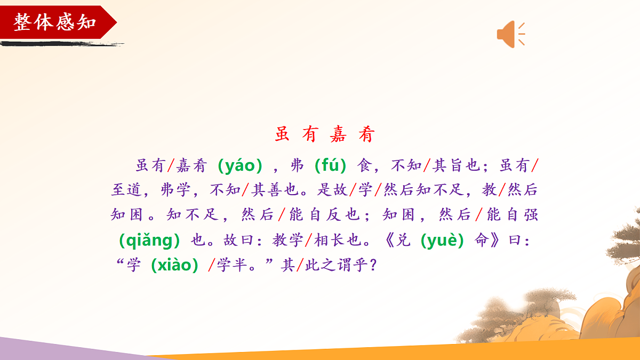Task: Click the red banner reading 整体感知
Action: pos(55,22)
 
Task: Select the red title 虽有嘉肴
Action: pos(325,134)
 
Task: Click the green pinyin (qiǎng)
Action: pos(149,241)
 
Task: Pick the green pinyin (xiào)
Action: pos(175,266)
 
